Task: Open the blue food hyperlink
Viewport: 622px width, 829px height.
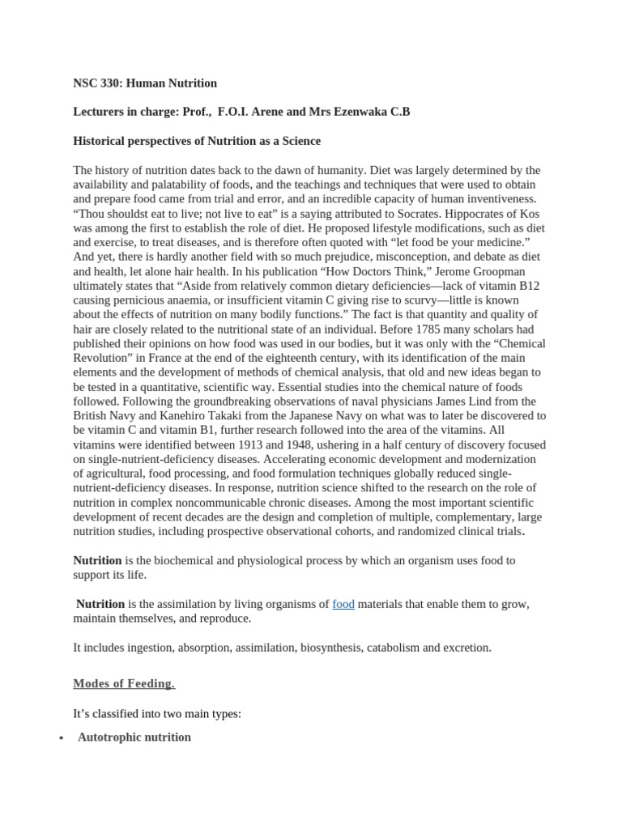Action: pos(343,604)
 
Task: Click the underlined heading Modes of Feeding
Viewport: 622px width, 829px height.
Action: pos(123,684)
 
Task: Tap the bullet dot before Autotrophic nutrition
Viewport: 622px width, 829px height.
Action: pos(62,739)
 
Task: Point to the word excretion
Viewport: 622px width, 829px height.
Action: pos(466,648)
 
